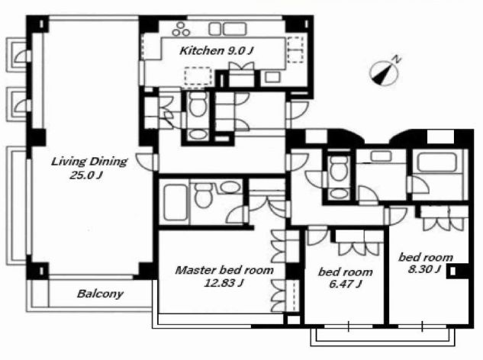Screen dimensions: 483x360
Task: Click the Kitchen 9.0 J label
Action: click(x=216, y=50)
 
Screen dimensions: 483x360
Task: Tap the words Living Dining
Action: click(x=89, y=162)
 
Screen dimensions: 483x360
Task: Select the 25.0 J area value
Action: click(x=86, y=175)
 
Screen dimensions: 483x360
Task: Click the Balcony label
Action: click(x=100, y=294)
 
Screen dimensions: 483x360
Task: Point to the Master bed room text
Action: click(x=224, y=270)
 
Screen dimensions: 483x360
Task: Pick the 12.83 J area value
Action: click(x=224, y=283)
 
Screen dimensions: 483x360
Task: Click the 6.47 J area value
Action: click(x=346, y=284)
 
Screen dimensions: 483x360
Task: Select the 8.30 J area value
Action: click(x=424, y=269)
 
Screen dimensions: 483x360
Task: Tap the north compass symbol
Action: click(x=384, y=73)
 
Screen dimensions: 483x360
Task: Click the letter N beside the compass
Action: click(x=397, y=59)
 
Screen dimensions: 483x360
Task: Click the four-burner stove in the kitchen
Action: click(x=181, y=29)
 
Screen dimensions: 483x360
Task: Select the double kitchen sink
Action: click(x=227, y=29)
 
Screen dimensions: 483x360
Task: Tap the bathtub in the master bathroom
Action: click(x=175, y=202)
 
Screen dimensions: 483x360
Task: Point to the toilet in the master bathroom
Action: click(x=203, y=195)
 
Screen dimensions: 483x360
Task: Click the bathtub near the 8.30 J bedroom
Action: click(x=436, y=162)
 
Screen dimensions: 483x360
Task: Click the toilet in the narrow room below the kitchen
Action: click(x=198, y=104)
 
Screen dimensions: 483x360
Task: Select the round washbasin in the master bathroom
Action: click(x=230, y=187)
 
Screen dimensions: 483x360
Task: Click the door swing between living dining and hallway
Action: click(x=144, y=162)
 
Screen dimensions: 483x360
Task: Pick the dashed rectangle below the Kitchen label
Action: click(x=198, y=76)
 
